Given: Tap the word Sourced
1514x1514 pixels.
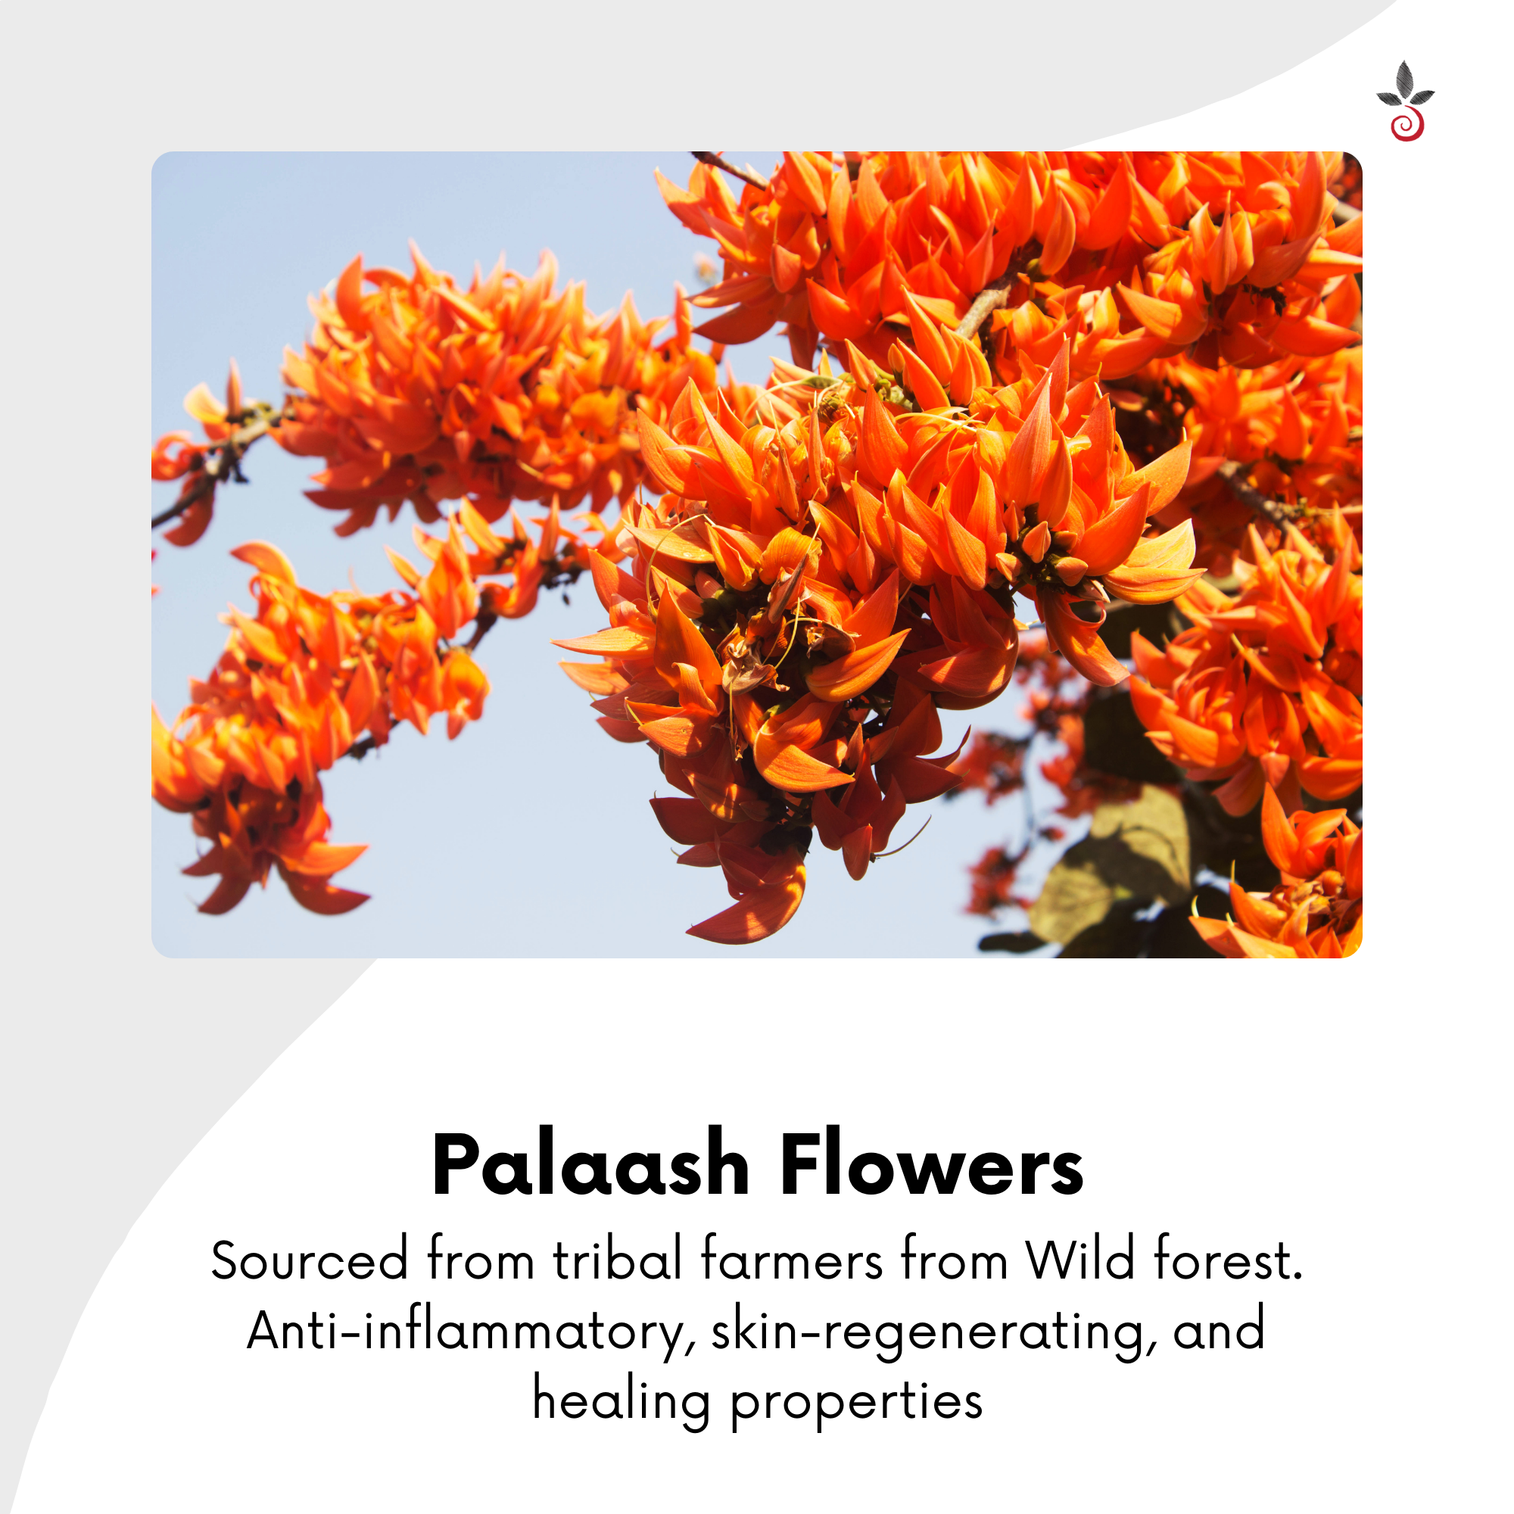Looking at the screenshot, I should pyautogui.click(x=310, y=1261).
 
